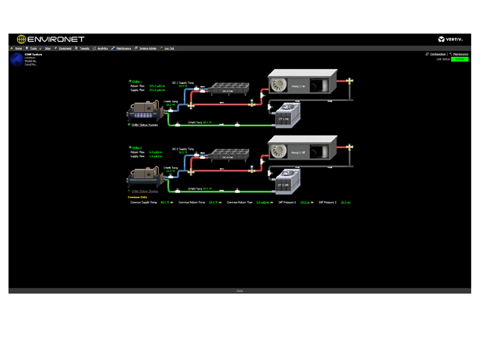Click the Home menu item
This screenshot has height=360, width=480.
tap(18, 48)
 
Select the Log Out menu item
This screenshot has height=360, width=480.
tap(169, 48)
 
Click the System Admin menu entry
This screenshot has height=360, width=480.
tap(147, 48)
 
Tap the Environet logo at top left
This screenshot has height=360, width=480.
tap(50, 39)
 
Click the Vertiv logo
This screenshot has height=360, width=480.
tap(451, 39)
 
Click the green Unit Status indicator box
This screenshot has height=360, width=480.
tap(460, 59)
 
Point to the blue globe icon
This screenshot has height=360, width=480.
tap(16, 59)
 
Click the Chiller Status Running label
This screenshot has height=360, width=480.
tap(144, 125)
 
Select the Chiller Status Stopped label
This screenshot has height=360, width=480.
tap(144, 191)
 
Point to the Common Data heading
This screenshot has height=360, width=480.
tap(137, 197)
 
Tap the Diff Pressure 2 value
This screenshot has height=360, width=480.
tap(345, 202)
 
